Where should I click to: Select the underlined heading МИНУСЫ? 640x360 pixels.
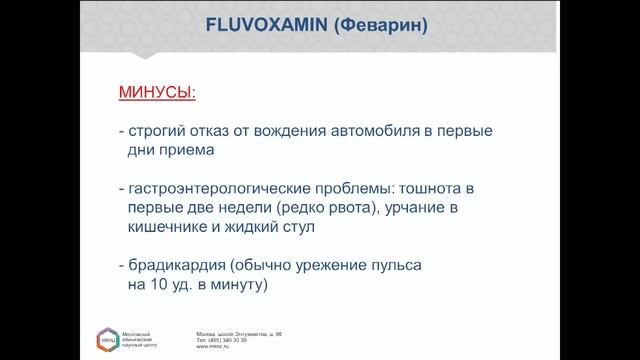pyautogui.click(x=157, y=93)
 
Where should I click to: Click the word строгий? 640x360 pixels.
pyautogui.click(x=159, y=131)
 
